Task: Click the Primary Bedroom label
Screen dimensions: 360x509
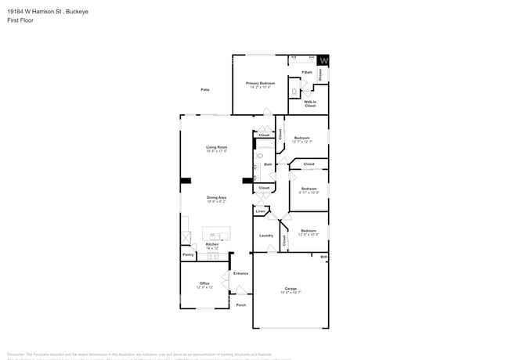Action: coord(262,84)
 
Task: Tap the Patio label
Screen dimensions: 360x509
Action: coord(204,90)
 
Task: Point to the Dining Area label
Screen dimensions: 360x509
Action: coord(217,199)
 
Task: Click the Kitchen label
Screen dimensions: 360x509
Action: coord(212,246)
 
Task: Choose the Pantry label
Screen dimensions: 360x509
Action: coord(188,255)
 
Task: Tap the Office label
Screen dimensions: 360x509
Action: coord(204,285)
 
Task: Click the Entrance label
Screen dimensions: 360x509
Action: coord(240,273)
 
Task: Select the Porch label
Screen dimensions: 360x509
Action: coord(241,304)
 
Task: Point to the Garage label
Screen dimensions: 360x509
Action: coord(291,290)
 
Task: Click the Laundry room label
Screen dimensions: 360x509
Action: coord(266,235)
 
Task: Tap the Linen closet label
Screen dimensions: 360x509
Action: coord(260,211)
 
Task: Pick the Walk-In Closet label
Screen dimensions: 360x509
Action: coord(310,103)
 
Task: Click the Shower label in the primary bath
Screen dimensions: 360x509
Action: coord(320,74)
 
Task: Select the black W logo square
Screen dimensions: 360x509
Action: coord(323,60)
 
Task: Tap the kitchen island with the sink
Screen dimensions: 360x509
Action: coord(216,234)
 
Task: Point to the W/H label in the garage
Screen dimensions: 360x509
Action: coord(323,257)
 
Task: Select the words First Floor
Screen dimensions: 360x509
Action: coord(19,21)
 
